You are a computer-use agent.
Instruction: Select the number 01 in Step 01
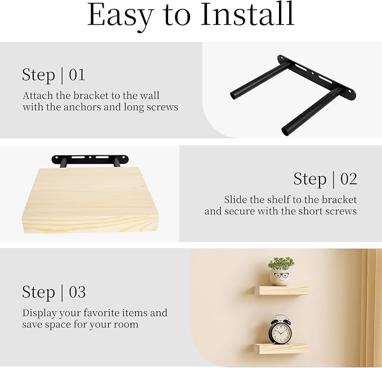pos(77,75)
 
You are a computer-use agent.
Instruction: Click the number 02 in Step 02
pos(349,179)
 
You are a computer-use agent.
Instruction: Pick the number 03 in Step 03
pos(77,292)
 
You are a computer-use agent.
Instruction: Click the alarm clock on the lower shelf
pos(280,329)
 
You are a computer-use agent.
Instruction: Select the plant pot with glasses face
pos(280,278)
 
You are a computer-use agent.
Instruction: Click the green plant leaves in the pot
pos(281,263)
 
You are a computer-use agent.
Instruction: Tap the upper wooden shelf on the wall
pos(281,290)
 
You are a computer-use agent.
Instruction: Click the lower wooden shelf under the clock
pos(280,348)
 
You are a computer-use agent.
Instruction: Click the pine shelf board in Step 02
pos(89,200)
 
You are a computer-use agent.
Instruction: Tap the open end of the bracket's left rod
pos(234,95)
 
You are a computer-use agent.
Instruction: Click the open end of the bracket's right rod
pos(285,131)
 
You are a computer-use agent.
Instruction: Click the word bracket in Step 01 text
pos(91,96)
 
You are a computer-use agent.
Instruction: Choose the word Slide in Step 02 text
pos(235,200)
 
